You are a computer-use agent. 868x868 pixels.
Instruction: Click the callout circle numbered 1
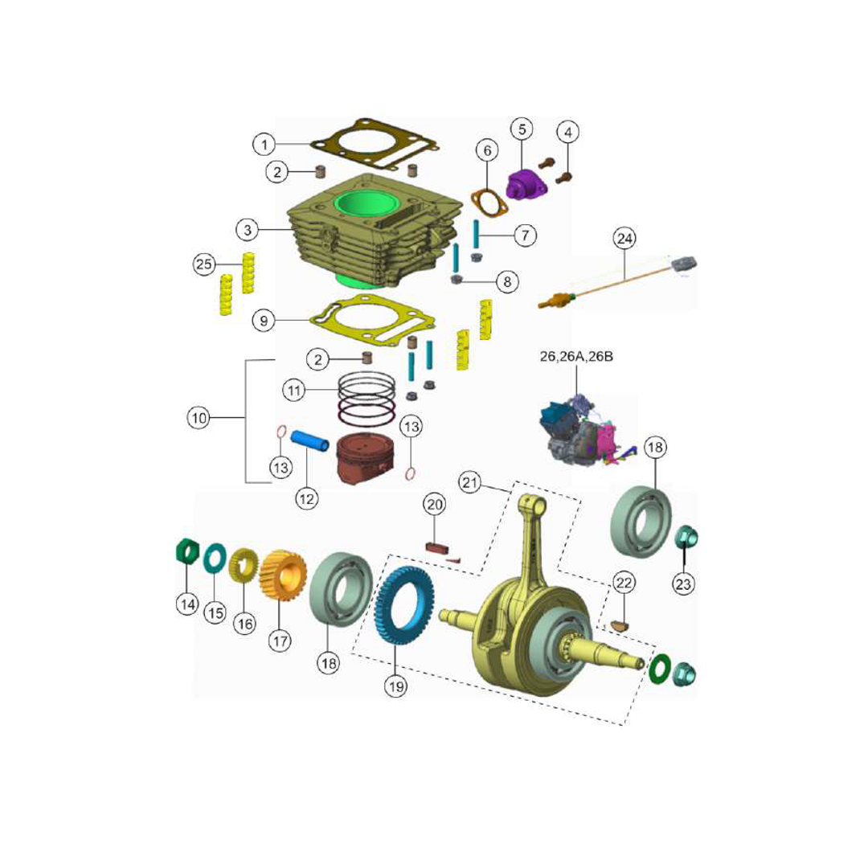[264, 145]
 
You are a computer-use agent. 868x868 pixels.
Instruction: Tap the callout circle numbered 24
[624, 238]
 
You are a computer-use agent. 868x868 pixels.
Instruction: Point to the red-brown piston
[366, 459]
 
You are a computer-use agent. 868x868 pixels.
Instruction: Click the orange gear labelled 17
[284, 579]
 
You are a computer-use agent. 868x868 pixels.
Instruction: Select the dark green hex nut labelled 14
[187, 552]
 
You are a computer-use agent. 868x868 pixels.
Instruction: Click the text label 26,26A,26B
[576, 356]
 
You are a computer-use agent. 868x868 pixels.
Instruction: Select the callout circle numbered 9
[263, 320]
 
